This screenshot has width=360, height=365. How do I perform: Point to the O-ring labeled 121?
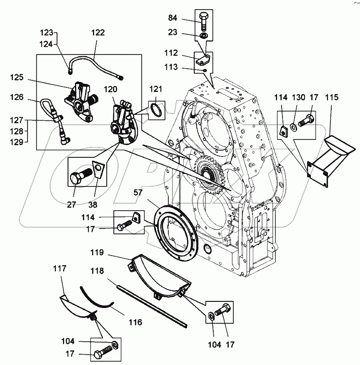click(x=156, y=111)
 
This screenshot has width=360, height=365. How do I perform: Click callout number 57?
click(x=138, y=193)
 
